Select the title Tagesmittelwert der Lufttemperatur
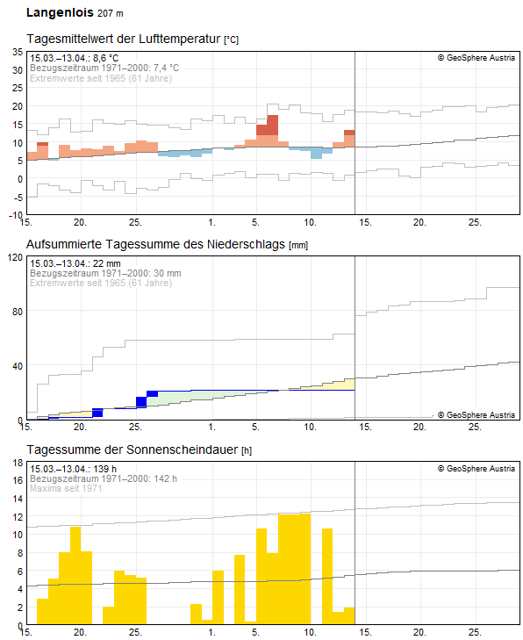[124, 40]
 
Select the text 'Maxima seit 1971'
[66, 488]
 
